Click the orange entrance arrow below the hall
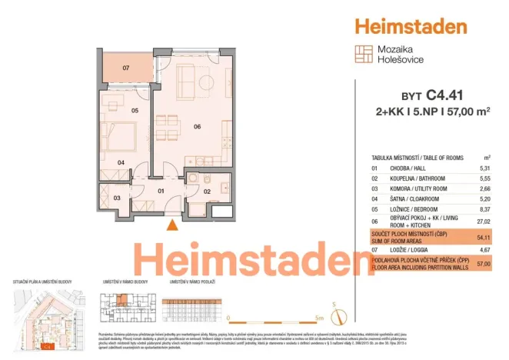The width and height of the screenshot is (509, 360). pyautogui.click(x=173, y=224)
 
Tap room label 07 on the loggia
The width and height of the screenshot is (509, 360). pyautogui.click(x=127, y=68)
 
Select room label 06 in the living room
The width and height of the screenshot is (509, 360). pyautogui.click(x=197, y=126)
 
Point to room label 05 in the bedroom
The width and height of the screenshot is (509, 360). pyautogui.click(x=135, y=111)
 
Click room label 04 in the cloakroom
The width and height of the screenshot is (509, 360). pyautogui.click(x=121, y=162)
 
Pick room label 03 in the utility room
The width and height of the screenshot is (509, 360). pyautogui.click(x=117, y=198)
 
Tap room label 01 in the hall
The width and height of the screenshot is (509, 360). pyautogui.click(x=161, y=190)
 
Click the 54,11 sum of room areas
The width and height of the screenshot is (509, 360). pyautogui.click(x=484, y=238)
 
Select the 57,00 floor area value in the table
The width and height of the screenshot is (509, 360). pyautogui.click(x=484, y=264)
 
